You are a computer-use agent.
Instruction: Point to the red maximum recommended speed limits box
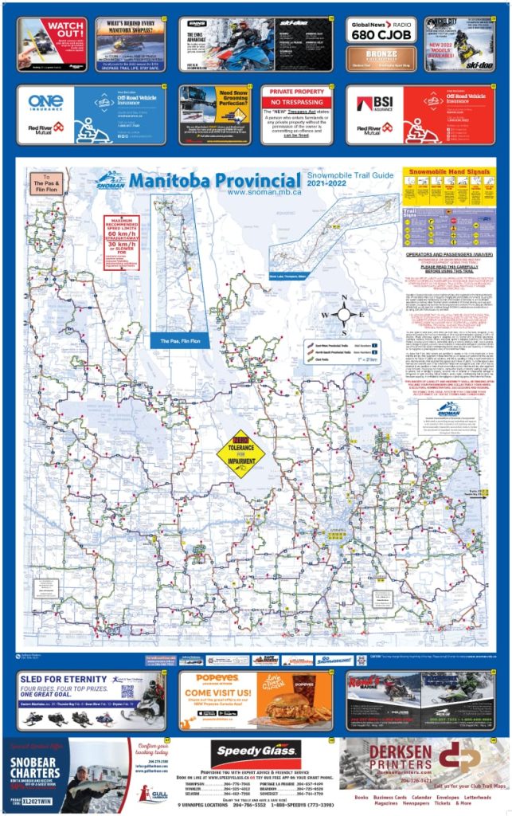121,241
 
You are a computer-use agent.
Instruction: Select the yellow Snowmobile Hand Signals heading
447,172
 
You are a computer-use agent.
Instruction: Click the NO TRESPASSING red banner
296,103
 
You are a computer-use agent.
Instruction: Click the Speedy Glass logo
256,752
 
